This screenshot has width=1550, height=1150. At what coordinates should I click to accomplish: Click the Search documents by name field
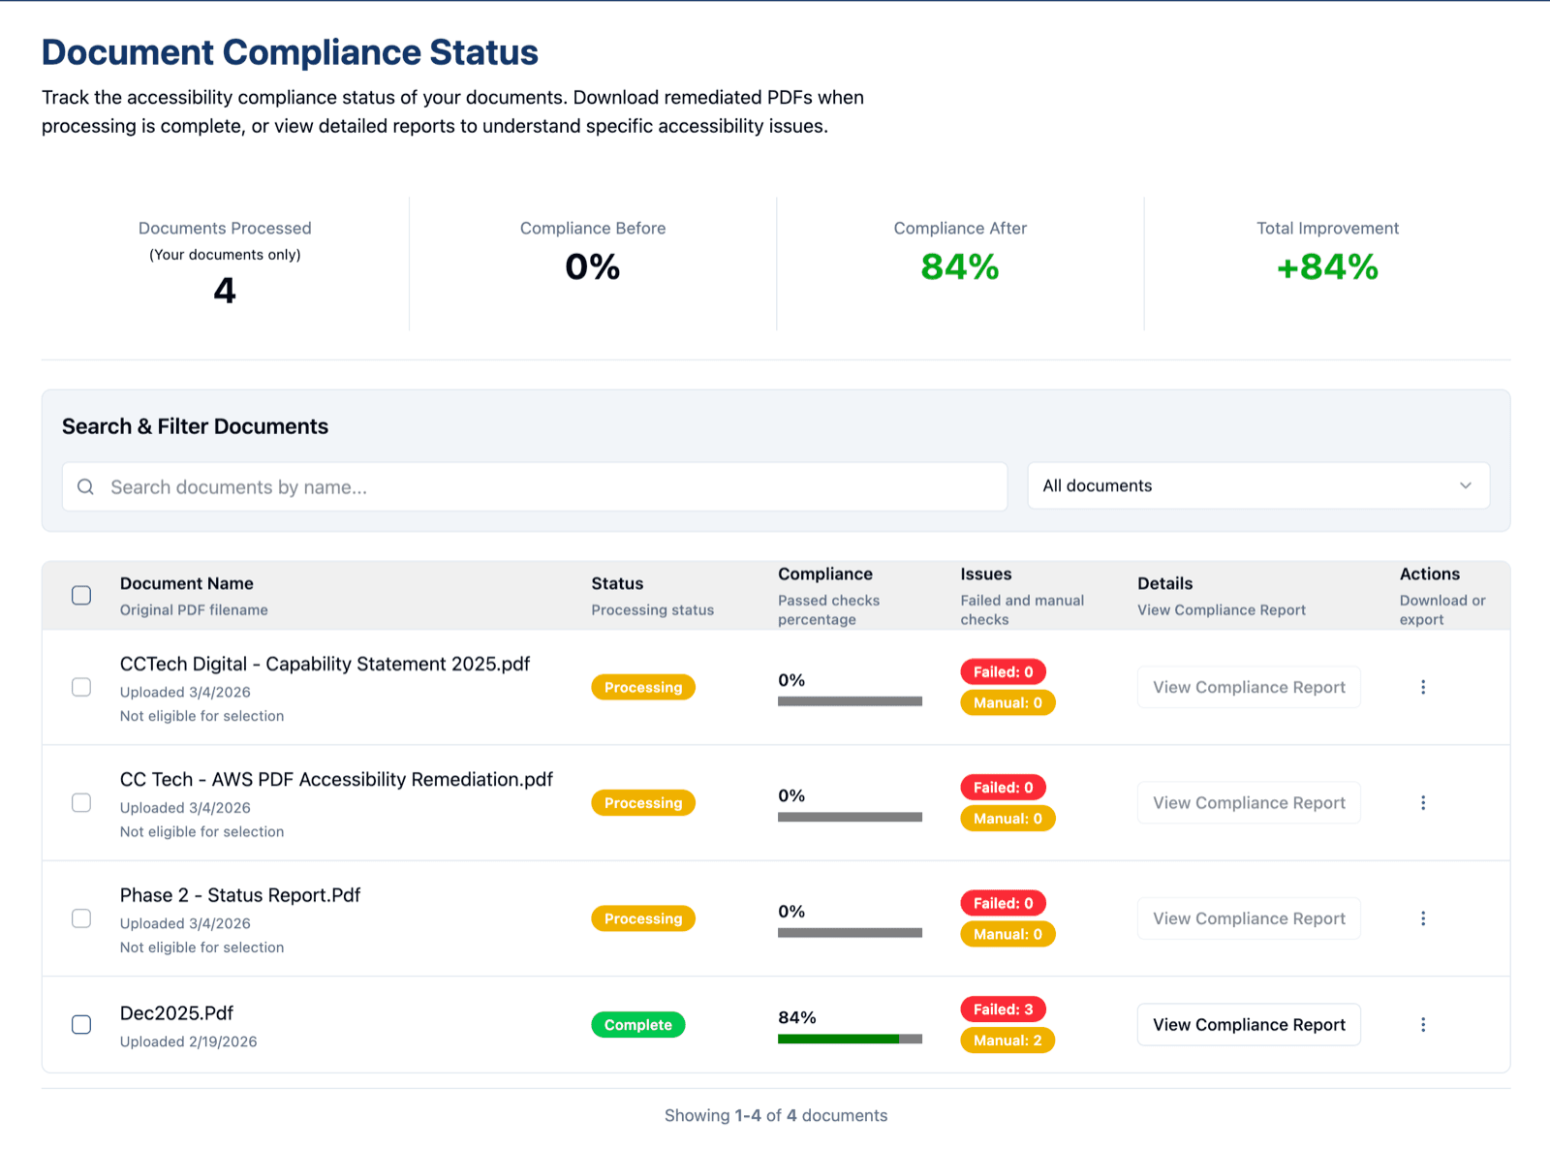coord(542,486)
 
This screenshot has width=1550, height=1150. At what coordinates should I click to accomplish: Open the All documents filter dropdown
coord(1257,485)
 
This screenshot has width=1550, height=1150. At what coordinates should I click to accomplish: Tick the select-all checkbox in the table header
coord(81,595)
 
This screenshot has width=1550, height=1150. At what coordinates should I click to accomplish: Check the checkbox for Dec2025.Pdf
coord(81,1024)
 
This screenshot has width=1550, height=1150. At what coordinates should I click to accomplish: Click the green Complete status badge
coord(637,1024)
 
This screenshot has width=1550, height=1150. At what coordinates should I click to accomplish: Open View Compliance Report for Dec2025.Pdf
coord(1248,1024)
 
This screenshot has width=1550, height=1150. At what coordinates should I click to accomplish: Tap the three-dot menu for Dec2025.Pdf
coord(1422,1024)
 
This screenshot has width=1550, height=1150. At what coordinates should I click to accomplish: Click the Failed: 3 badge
coord(1003,1009)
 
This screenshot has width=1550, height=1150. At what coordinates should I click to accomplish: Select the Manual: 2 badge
coord(1007,1040)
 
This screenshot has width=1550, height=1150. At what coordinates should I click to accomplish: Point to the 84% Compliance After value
coord(959,266)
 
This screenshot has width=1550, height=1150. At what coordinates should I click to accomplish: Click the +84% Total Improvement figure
coord(1326,266)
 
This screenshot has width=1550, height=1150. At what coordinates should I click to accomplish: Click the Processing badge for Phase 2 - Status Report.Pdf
coord(642,918)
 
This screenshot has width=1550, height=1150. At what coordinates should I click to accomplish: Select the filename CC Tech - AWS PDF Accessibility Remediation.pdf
coord(336,779)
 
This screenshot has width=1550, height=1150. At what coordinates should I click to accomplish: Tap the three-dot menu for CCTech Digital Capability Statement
coord(1422,687)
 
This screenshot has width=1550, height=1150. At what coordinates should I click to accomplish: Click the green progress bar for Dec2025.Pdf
coord(838,1039)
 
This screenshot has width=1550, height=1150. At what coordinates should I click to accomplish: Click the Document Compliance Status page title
coord(289,52)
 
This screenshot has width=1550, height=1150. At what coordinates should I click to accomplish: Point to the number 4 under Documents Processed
coord(224,291)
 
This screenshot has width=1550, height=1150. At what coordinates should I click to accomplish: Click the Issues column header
coord(985,574)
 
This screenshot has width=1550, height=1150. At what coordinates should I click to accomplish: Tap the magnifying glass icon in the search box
coord(86,486)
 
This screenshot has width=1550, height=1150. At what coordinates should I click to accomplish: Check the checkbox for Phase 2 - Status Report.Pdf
coord(81,918)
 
